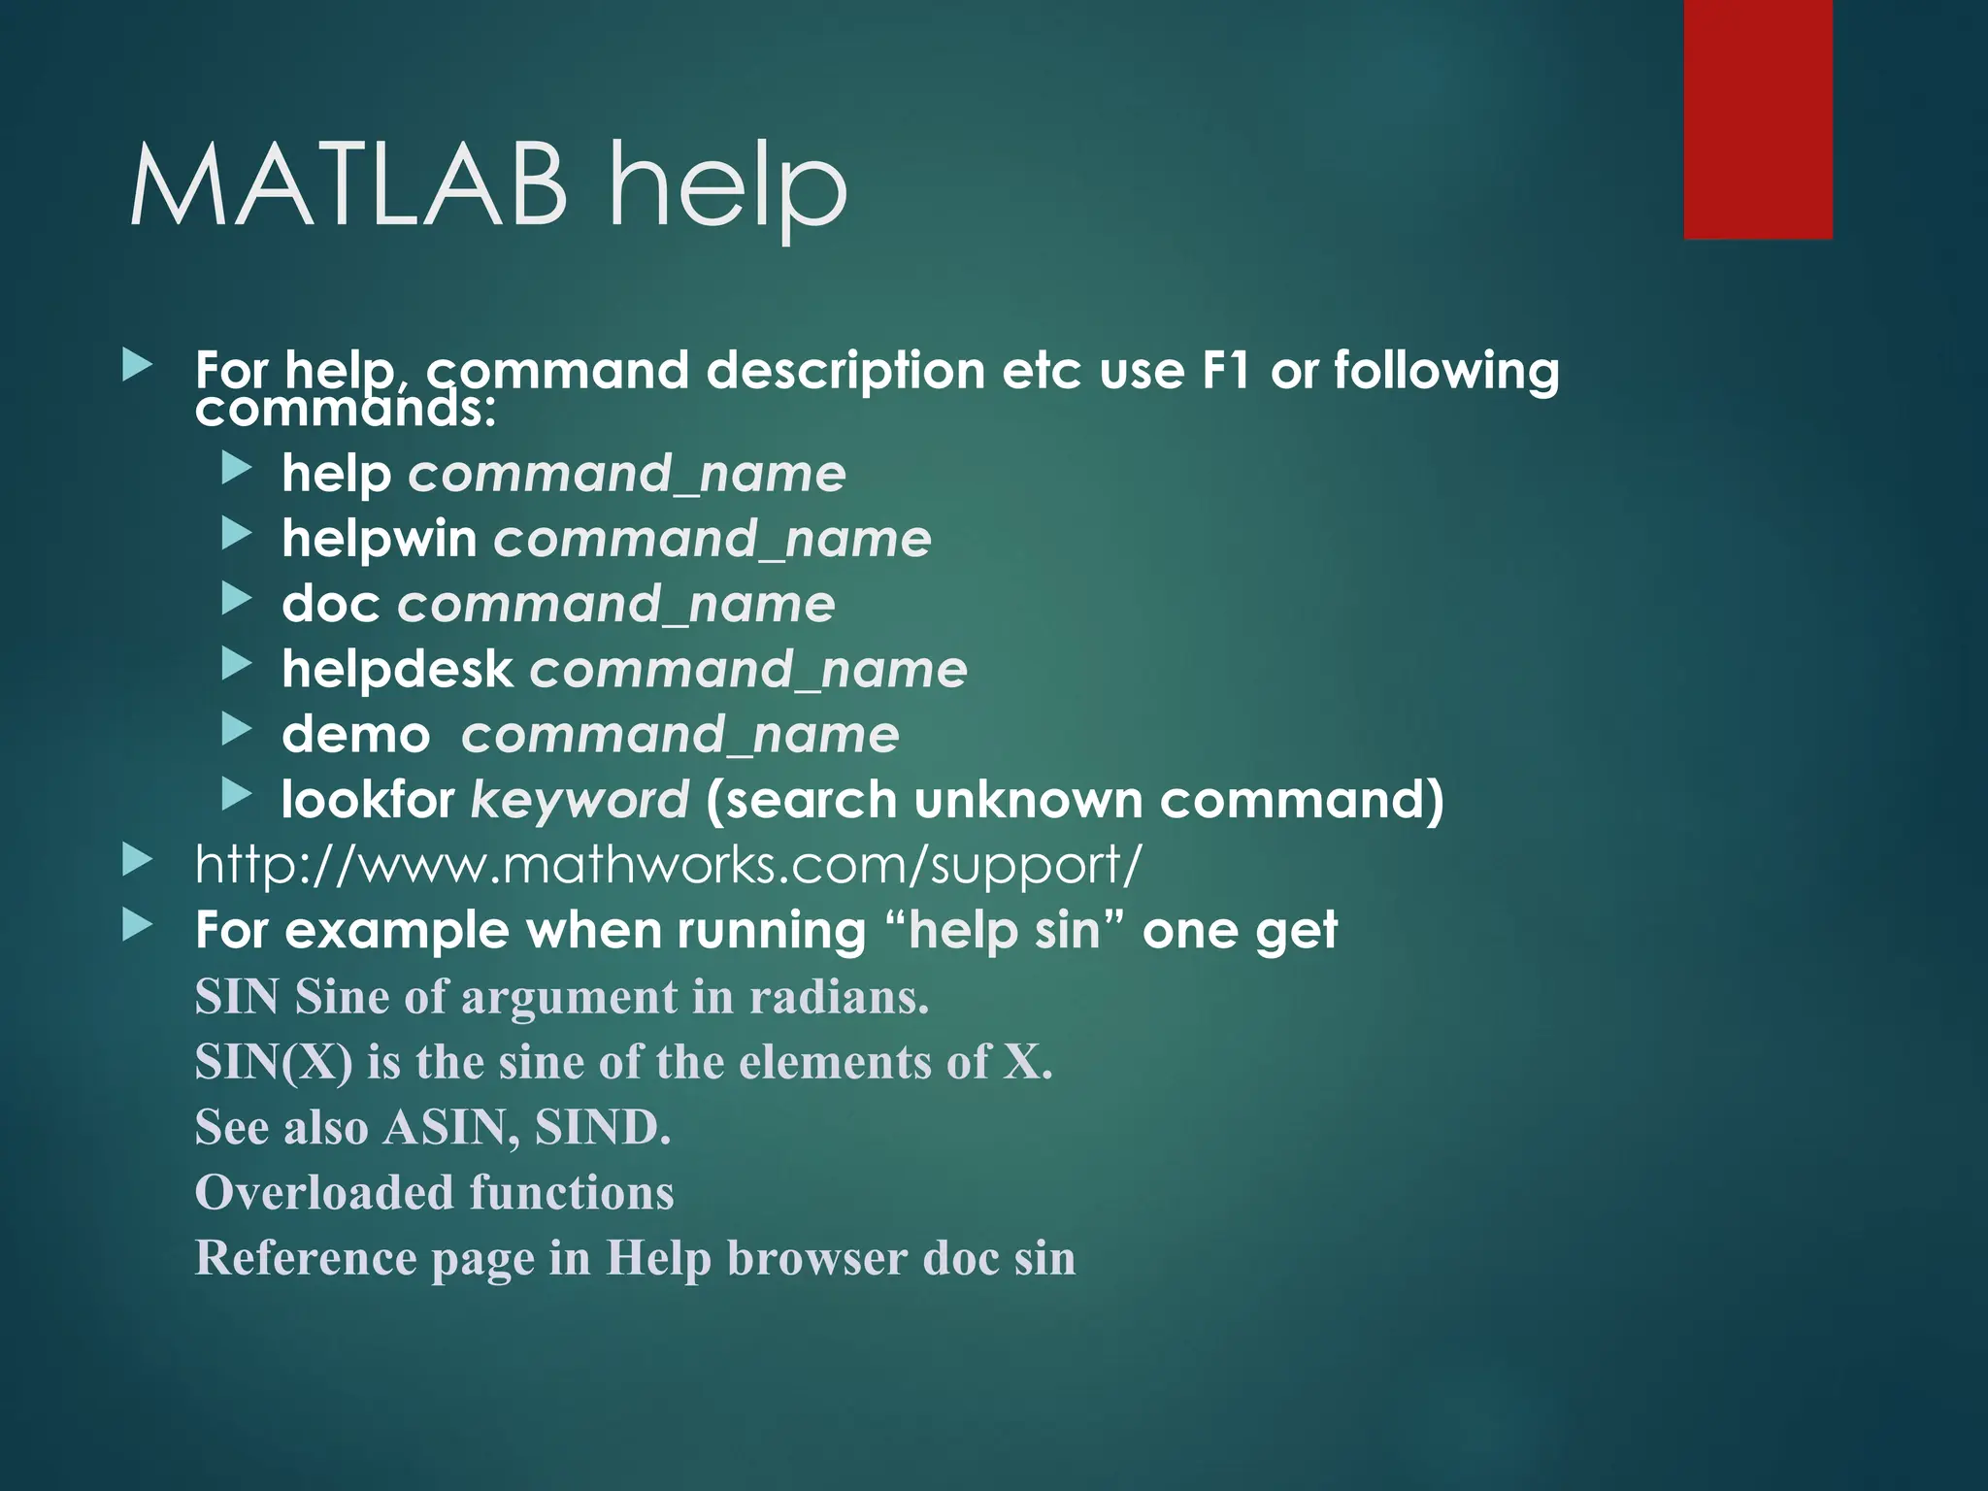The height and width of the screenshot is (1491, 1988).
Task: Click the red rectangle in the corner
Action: click(x=1757, y=118)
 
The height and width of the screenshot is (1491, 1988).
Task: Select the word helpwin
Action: click(x=379, y=539)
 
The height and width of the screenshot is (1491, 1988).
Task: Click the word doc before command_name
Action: click(x=330, y=604)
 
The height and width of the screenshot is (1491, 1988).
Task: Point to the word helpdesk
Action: click(x=396, y=670)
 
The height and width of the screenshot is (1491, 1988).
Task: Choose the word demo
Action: click(x=355, y=735)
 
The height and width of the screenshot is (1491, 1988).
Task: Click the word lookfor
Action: click(x=367, y=800)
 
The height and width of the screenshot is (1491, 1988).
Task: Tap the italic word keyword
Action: click(x=580, y=802)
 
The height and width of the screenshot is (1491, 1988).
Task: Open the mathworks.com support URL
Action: click(x=668, y=864)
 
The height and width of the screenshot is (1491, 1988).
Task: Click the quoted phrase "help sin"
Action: click(x=1005, y=930)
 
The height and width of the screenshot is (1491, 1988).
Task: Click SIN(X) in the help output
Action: click(x=274, y=1062)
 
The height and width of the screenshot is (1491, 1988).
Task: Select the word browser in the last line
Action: click(x=817, y=1258)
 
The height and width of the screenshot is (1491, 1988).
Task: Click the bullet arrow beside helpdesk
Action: click(x=236, y=665)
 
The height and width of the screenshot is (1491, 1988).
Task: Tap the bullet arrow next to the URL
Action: click(x=138, y=860)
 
